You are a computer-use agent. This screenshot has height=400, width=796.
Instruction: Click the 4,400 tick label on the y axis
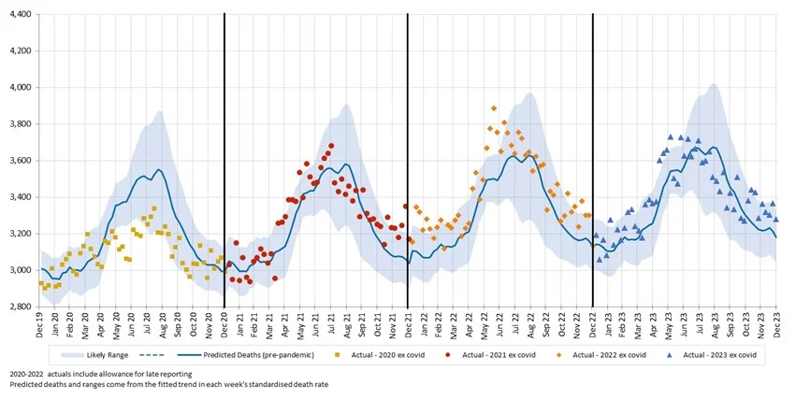coord(18,15)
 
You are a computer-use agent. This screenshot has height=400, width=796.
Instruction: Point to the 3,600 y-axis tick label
coord(18,161)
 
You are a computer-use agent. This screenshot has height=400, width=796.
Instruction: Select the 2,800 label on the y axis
coord(18,307)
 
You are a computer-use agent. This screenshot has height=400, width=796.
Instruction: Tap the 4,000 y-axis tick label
coord(18,88)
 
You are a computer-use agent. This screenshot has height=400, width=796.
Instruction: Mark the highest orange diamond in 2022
coord(494,108)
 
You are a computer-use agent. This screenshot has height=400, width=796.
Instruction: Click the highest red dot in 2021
coord(331,146)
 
